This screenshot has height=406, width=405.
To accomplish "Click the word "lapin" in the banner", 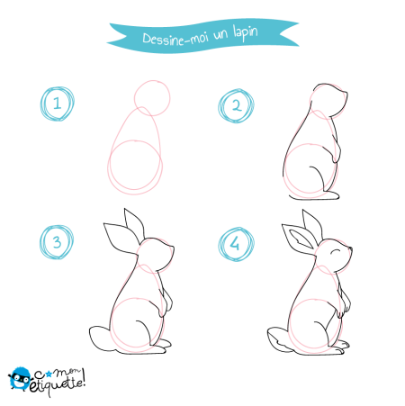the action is [x=246, y=33].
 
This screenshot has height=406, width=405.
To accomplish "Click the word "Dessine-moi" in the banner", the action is [x=175, y=39].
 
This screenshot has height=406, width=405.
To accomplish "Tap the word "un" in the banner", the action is [x=220, y=34].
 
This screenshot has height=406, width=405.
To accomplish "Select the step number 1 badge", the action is [x=58, y=104].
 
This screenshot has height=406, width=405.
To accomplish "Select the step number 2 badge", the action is [x=237, y=106].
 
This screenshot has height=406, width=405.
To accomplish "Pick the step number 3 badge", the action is [x=57, y=242].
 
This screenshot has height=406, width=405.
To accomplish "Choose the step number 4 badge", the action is [x=236, y=244].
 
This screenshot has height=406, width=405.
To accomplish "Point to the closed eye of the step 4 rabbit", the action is [x=336, y=251].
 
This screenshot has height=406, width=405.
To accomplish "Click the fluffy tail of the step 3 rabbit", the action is [x=101, y=338].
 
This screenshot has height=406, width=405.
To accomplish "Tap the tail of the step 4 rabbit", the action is [x=278, y=339].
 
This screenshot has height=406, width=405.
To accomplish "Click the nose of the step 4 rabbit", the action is [x=350, y=248].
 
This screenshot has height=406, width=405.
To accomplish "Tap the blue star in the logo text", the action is [x=49, y=374].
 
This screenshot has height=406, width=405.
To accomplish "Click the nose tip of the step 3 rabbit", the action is [x=174, y=248].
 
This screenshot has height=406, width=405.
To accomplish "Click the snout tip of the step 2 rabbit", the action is [x=347, y=94].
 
